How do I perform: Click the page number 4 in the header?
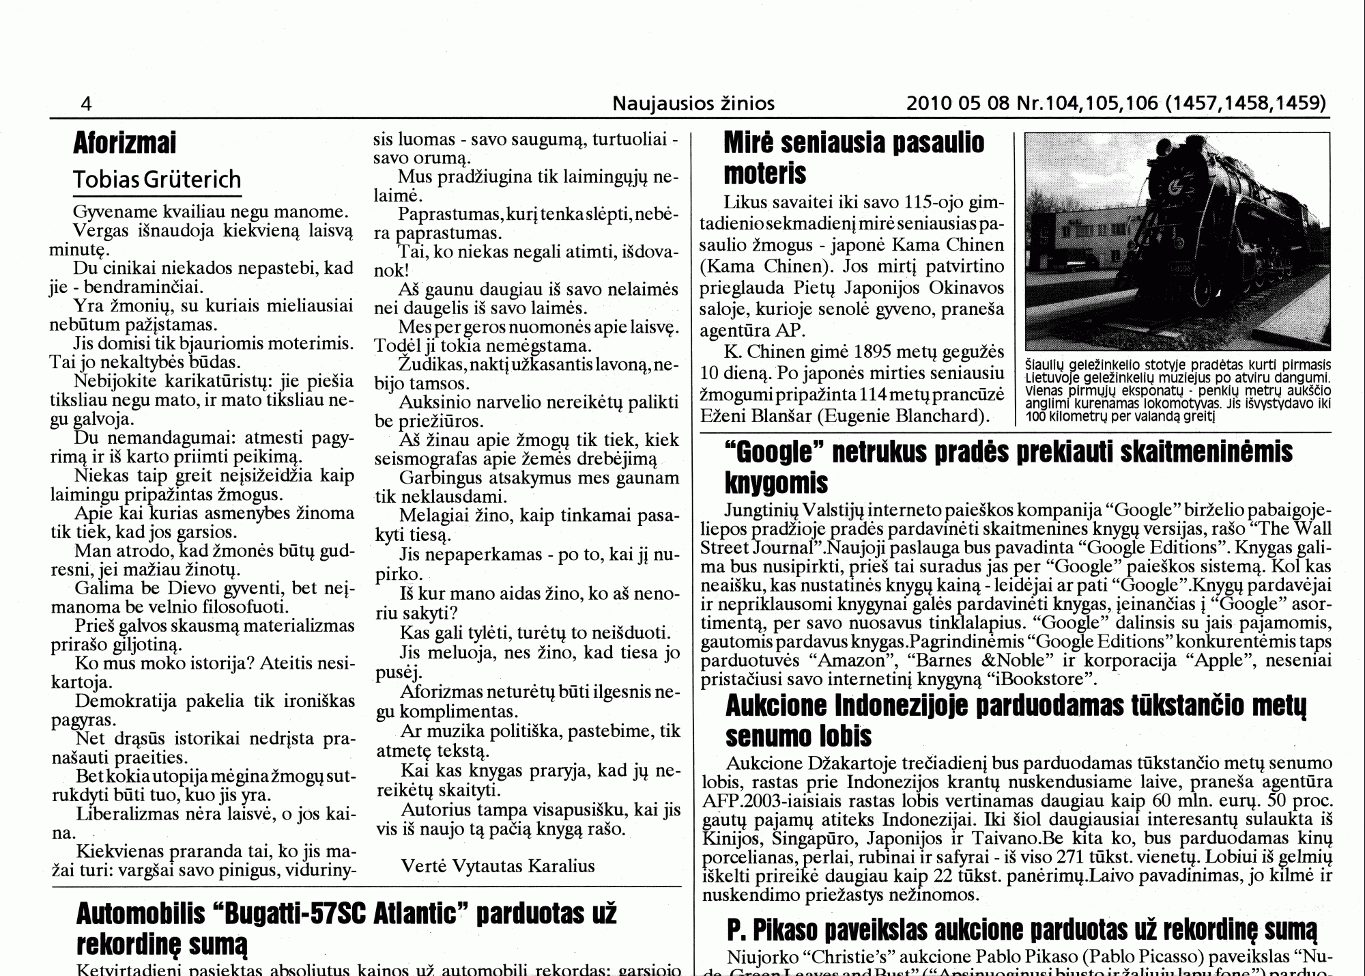[86, 104]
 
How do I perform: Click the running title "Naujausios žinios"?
[693, 104]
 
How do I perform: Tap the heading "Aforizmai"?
[125, 143]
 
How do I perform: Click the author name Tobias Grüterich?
[157, 180]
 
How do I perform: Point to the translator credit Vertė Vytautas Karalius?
[498, 867]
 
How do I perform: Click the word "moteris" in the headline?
[764, 174]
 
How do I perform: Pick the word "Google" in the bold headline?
[774, 453]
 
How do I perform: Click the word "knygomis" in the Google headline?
[776, 484]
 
